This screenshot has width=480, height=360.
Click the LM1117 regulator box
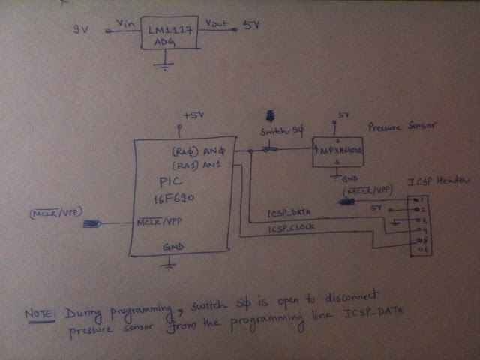(x=170, y=34)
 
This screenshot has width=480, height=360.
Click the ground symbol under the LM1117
(x=160, y=67)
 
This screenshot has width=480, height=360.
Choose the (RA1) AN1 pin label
(x=199, y=164)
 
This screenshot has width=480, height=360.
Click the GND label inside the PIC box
(x=173, y=247)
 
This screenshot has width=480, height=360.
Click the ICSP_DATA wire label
(x=289, y=214)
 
